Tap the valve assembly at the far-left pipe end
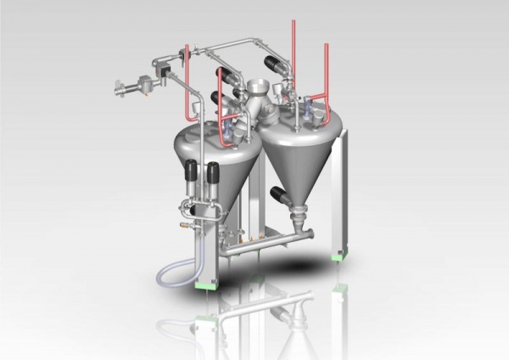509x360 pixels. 130,85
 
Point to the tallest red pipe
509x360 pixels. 294,51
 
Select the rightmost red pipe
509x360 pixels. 327,76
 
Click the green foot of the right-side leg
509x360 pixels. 339,251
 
